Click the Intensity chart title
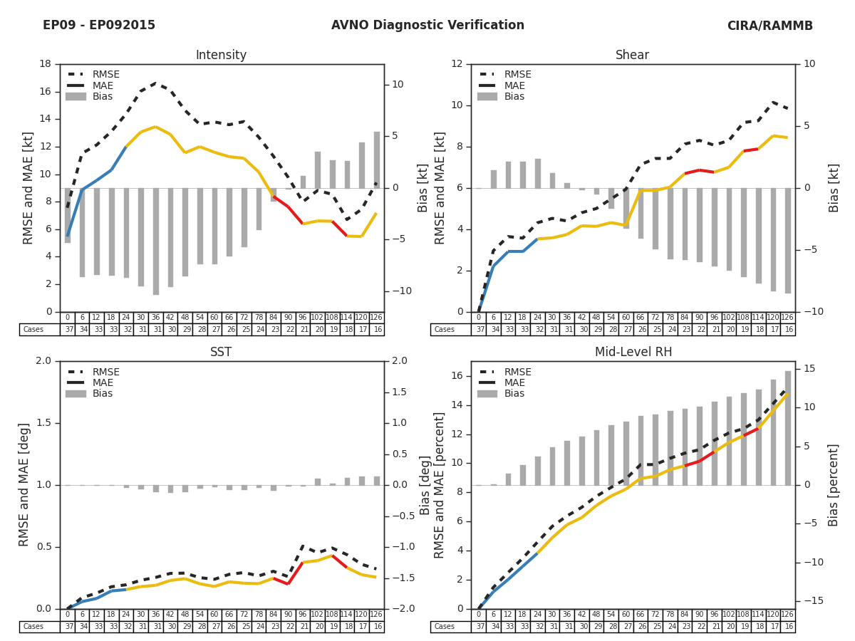click(x=221, y=56)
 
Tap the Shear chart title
click(x=632, y=56)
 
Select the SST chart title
click(x=221, y=353)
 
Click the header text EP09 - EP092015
click(x=99, y=26)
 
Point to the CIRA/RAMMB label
click(x=769, y=26)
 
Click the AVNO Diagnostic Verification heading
click(x=427, y=26)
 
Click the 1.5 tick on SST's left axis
click(x=44, y=423)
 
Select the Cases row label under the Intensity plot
click(x=33, y=330)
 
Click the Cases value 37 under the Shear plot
click(x=478, y=330)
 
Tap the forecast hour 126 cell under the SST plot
click(x=376, y=615)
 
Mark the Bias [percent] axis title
click(x=833, y=484)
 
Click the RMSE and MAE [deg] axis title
click(x=25, y=484)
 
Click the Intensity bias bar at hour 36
click(x=155, y=241)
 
